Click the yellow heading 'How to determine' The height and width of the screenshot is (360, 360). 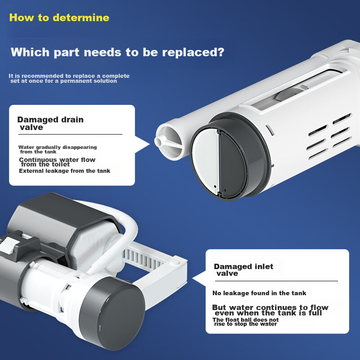click(x=59, y=18)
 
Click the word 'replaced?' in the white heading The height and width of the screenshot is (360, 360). click(x=193, y=52)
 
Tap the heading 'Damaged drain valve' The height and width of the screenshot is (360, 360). click(x=50, y=123)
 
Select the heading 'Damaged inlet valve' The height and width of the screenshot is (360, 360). click(x=243, y=270)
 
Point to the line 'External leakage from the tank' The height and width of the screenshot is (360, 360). click(x=64, y=171)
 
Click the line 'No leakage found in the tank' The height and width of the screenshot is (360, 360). click(x=259, y=293)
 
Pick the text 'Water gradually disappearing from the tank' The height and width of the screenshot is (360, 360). click(x=58, y=149)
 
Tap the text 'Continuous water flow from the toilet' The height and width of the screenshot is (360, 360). click(x=57, y=162)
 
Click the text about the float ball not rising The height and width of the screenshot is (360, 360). click(x=245, y=322)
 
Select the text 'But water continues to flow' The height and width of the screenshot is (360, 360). click(x=270, y=307)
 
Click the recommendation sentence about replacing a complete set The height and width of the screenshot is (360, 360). click(x=69, y=78)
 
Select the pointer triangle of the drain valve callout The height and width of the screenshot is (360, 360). click(x=142, y=144)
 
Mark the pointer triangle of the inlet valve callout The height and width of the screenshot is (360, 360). click(x=199, y=279)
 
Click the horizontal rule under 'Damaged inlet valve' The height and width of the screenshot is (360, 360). click(x=276, y=281)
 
